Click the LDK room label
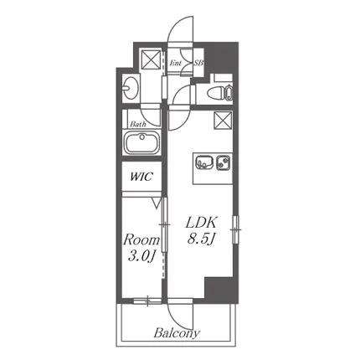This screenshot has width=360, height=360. click(201, 224)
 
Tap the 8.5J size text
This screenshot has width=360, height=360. click(200, 239)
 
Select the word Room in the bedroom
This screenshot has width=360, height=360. click(141, 239)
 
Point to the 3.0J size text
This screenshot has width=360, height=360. click(141, 256)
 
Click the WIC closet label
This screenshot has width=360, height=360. click(141, 177)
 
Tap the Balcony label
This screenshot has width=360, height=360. click(177, 333)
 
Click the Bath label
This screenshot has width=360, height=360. click(138, 124)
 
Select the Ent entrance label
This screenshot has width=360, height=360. click(176, 63)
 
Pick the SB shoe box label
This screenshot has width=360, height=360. click(198, 63)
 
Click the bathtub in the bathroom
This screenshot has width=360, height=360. click(141, 143)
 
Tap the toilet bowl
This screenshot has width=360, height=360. click(218, 92)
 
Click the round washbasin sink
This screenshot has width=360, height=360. click(131, 87)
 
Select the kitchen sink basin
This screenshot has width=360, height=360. click(204, 162)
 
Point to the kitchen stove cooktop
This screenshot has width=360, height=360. click(224, 162)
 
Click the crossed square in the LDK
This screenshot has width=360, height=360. click(223, 121)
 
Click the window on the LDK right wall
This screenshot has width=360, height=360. click(236, 229)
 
